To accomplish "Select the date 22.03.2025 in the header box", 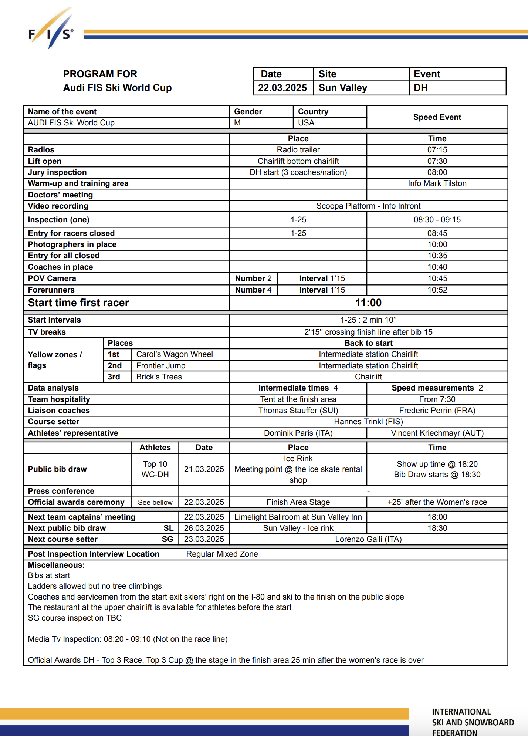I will point(282,88).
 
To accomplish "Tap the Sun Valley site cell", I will point(343,88).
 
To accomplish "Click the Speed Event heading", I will point(437,117).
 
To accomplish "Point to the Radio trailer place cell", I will point(298,150).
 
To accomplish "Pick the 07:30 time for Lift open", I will point(437,161).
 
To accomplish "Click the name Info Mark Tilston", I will point(437,183).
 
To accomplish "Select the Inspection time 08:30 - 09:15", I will point(437,220).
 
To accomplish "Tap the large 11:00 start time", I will point(368,303).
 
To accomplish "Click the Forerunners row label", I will point(51,290).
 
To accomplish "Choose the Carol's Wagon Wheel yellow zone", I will point(175,354).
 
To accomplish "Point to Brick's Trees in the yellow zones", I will point(159,377).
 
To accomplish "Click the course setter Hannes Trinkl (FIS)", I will point(368,422).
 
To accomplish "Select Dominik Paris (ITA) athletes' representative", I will point(298,433).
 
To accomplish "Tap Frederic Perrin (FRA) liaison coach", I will point(437,411).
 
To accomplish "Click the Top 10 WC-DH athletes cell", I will point(155,469).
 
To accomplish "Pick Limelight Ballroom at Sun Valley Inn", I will point(298,517).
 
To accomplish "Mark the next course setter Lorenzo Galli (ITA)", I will point(368,539).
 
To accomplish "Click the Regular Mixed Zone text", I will point(222,554).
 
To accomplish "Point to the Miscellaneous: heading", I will point(56,565).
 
